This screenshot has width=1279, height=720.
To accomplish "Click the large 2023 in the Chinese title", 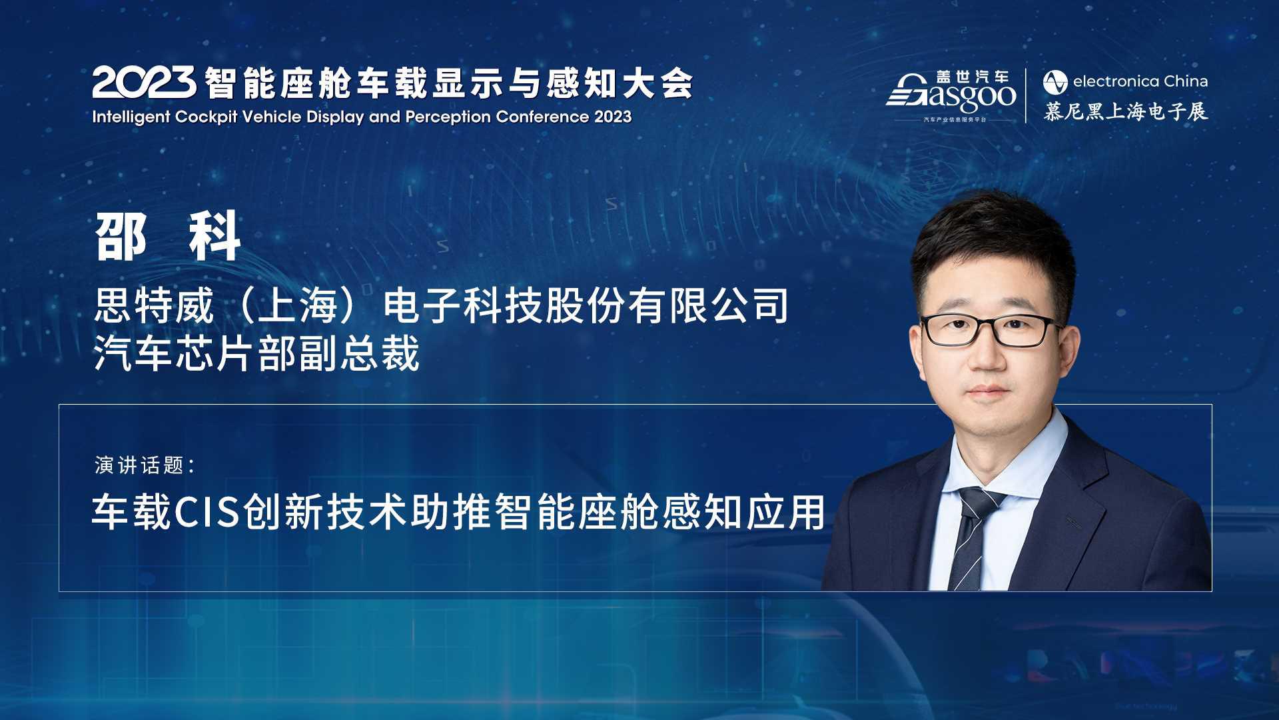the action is coord(144,83).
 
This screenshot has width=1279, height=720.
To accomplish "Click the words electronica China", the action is coord(1140,81).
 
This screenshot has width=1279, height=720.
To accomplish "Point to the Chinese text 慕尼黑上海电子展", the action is coord(1125,111).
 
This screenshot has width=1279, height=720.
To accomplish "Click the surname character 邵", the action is coord(121,237).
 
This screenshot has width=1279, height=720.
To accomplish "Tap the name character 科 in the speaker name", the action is coord(214,237).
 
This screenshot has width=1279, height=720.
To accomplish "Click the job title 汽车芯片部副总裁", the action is coord(257,353).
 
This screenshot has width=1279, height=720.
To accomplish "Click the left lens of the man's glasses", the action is coord(952,331).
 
